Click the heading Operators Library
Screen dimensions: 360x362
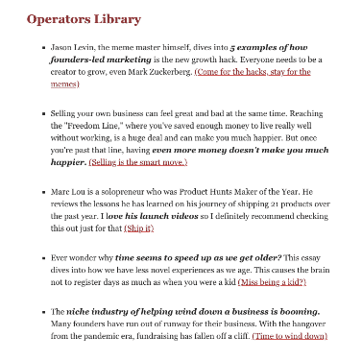coord(84,18)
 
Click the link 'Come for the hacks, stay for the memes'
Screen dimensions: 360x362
coord(252,72)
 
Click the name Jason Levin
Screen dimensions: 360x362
coord(76,45)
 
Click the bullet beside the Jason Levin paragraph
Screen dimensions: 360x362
coord(44,46)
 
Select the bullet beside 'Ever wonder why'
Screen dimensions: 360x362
coord(44,257)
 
